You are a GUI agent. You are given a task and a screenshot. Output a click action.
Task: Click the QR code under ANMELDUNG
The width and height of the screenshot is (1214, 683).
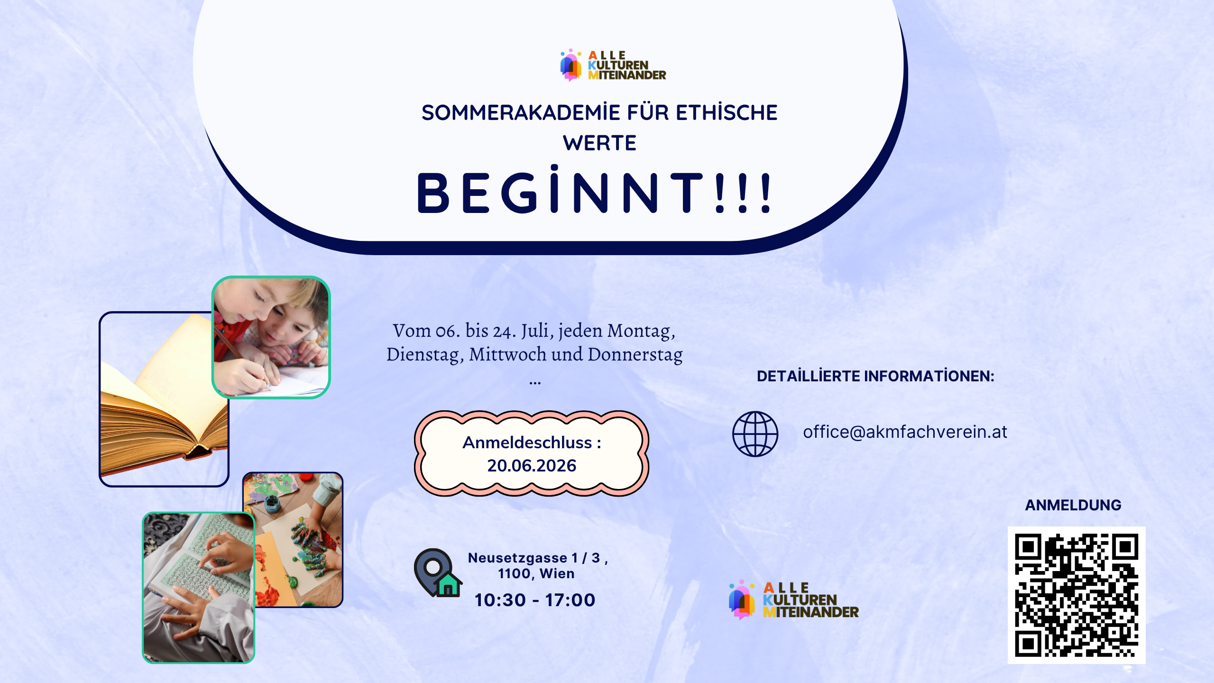[1076, 595]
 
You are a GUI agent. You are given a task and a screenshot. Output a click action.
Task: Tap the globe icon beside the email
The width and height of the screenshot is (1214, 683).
[755, 434]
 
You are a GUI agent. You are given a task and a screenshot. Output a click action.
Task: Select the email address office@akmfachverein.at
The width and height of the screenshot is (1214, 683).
[905, 432]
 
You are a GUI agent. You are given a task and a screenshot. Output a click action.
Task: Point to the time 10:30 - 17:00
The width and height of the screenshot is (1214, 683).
[535, 600]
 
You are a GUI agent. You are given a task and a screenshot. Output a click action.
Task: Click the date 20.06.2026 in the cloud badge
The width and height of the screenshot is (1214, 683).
[532, 466]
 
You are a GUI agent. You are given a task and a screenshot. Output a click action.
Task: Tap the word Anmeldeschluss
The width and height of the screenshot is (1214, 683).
[527, 443]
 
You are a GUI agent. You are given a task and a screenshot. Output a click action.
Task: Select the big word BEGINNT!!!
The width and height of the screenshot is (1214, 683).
[595, 191]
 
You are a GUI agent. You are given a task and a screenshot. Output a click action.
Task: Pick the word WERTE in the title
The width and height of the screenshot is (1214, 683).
[600, 143]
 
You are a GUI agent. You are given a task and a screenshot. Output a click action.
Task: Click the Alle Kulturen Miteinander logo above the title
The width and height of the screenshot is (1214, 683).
[613, 65]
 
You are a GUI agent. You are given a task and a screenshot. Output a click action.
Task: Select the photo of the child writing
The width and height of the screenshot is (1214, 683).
[271, 337]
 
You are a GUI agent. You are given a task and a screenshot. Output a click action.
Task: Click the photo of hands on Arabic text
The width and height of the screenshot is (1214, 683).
[199, 588]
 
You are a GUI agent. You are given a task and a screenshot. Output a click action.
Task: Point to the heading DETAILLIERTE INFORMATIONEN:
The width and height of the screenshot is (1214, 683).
[875, 376]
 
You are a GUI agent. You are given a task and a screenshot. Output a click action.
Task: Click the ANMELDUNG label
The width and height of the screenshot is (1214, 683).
[1073, 505]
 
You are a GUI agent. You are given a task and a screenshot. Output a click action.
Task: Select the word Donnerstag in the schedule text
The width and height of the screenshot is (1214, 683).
[635, 354]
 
